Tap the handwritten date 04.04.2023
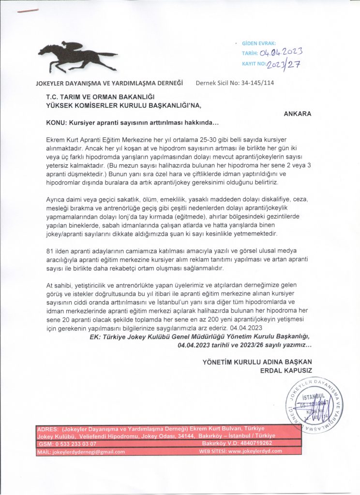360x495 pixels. point(281,52)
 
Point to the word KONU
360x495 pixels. point(55,123)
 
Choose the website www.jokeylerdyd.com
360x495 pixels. point(255,452)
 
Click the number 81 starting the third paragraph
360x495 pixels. point(49,250)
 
